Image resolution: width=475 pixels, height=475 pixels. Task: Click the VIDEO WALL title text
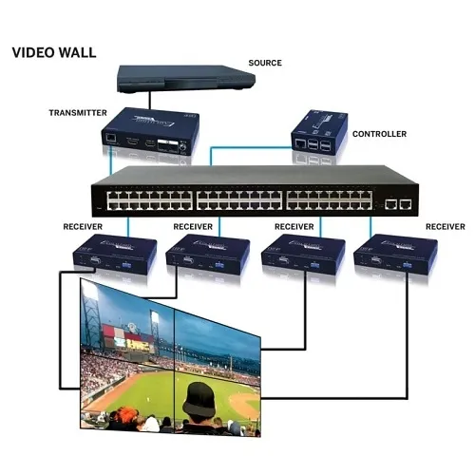click(53, 51)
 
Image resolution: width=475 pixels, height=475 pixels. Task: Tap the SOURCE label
click(264, 63)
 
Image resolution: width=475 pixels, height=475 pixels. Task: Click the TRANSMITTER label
click(79, 113)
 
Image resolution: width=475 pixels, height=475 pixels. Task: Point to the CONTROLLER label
click(379, 134)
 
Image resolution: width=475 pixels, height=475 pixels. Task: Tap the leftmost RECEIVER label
click(83, 227)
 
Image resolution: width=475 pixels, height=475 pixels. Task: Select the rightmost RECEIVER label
click(445, 227)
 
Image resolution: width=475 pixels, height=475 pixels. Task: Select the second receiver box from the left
click(202, 254)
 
